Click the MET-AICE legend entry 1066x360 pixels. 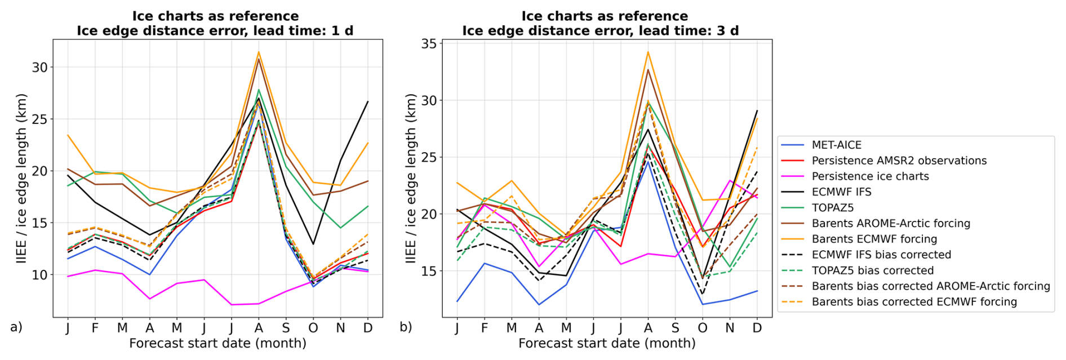[x=836, y=145]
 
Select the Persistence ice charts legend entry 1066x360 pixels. [x=870, y=176]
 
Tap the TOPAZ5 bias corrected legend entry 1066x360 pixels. [x=872, y=270]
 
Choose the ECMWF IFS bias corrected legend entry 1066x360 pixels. [x=881, y=255]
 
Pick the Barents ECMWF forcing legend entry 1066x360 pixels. [x=874, y=239]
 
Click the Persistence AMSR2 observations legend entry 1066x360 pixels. [x=899, y=161]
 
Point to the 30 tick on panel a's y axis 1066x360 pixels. [x=39, y=68]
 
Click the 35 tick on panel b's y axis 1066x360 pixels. [x=429, y=43]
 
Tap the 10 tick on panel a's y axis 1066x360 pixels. [x=39, y=275]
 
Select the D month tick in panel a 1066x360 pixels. [x=368, y=328]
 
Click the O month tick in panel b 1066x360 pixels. [x=703, y=328]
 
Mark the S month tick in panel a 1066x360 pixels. [x=286, y=328]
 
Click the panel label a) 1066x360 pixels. [x=16, y=327]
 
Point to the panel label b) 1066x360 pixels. [x=406, y=327]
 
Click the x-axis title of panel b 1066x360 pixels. [x=607, y=343]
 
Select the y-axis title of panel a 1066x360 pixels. [x=21, y=179]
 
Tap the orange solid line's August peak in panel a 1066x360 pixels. [x=259, y=52]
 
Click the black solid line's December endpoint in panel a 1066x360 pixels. [x=368, y=101]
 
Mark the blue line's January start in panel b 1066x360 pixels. [x=457, y=301]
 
